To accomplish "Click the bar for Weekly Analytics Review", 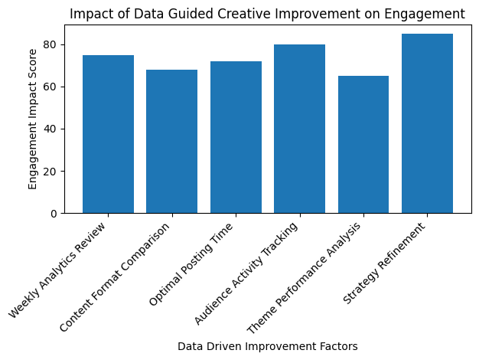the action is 108,134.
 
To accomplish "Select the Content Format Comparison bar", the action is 171,141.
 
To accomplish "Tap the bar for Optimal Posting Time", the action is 236,137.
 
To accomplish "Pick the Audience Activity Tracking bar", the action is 299,129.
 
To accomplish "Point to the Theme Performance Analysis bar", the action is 363,144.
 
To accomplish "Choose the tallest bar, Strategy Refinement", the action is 427,123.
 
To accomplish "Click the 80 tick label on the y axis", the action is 50,44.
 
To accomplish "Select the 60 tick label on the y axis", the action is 50,87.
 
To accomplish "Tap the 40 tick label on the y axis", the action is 50,129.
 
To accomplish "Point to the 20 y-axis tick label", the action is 50,172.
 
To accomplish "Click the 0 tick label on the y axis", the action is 54,214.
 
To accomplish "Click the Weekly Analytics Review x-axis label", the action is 57,270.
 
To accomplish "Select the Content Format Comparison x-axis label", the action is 115,277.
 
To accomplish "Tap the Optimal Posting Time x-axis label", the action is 191,263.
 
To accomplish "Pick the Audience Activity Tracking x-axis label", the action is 246,273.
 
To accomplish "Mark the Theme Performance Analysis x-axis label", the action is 304,277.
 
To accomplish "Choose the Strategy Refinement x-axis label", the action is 384,263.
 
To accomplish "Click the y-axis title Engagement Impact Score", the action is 32,119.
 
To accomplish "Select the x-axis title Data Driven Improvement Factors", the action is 268,346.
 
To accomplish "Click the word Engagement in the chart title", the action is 425,14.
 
